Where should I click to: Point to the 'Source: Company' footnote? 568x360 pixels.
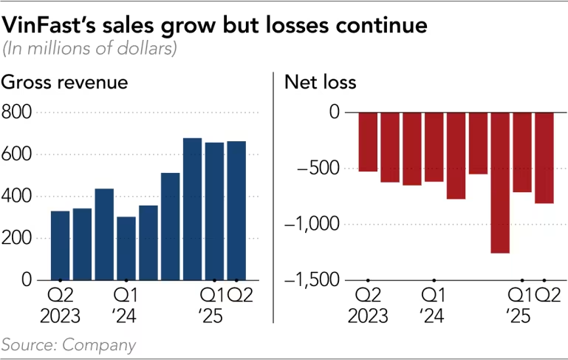(69, 344)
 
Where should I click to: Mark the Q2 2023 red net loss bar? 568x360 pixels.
(368, 141)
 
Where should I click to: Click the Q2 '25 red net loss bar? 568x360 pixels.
(544, 157)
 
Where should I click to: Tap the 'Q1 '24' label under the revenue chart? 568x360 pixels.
(126, 305)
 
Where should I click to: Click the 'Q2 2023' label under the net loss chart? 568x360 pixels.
(369, 305)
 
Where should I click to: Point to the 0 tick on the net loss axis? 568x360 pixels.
(334, 112)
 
